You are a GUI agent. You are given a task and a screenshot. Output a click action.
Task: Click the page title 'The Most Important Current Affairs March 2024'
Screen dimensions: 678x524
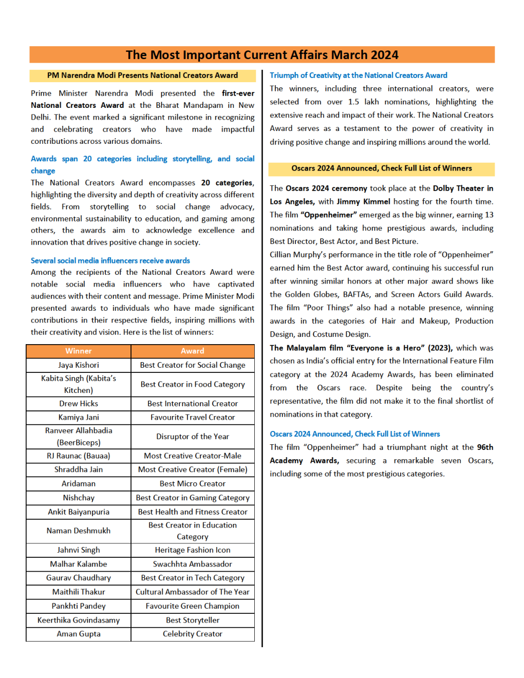(x=262, y=55)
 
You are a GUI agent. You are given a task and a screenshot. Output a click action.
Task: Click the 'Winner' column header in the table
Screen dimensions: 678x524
(x=79, y=351)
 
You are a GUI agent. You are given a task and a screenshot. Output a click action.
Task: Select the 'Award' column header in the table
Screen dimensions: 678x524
(x=193, y=351)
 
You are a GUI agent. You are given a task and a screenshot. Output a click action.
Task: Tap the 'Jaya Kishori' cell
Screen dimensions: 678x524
(x=79, y=365)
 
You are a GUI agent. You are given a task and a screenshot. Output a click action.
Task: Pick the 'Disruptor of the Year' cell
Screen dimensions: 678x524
(x=193, y=437)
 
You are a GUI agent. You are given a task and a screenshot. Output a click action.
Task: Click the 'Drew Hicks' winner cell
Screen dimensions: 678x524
(x=79, y=404)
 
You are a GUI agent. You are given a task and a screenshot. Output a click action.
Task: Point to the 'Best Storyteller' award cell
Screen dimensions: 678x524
(x=193, y=620)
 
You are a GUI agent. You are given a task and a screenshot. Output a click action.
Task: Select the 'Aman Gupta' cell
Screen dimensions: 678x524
(x=79, y=634)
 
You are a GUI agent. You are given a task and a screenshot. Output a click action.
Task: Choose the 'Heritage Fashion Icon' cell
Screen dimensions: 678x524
(x=193, y=550)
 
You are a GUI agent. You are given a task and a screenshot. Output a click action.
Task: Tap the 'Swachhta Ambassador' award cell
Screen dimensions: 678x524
(x=193, y=564)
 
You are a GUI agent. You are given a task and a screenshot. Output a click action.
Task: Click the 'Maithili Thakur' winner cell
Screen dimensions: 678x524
(x=79, y=592)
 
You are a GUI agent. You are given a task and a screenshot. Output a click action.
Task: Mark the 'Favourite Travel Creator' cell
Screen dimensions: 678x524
(x=193, y=418)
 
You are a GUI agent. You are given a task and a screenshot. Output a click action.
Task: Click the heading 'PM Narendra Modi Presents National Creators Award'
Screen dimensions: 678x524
(x=142, y=76)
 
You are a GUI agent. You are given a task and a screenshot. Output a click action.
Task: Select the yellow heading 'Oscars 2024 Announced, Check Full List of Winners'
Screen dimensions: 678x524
(x=381, y=168)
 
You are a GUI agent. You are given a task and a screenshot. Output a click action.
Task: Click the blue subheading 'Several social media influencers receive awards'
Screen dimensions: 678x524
(x=110, y=261)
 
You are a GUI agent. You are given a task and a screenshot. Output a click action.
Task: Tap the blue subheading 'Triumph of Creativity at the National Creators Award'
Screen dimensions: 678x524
(x=359, y=76)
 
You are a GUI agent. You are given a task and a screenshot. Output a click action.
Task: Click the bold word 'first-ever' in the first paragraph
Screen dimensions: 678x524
(x=238, y=93)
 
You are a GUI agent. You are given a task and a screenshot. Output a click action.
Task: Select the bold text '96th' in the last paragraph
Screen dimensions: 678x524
(x=485, y=447)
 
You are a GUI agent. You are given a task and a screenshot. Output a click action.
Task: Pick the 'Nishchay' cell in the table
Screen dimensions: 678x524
(x=79, y=498)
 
